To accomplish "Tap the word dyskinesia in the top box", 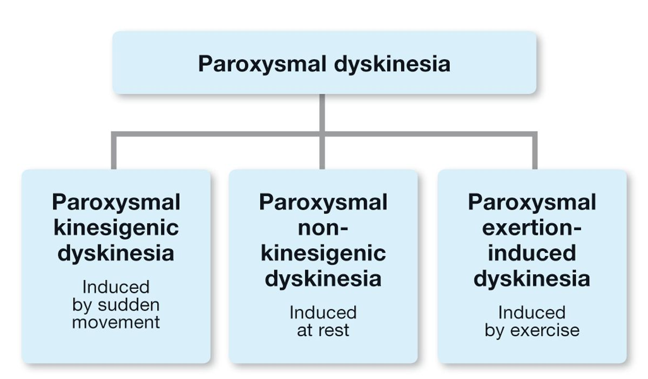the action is pos(392,64).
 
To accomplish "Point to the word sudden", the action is pos(129,305).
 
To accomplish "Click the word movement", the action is pos(116,322).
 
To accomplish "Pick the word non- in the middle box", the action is pos(323,228).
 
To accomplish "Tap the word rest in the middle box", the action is pos(334,330).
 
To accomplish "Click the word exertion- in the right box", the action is pos(532,228).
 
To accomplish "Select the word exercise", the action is pos(545,330).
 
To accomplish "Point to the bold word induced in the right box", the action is pos(532,253).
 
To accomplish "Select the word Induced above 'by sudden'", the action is pos(116,287).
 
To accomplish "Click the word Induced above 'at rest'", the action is pos(323,313).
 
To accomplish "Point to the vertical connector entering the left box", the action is pos(114,150).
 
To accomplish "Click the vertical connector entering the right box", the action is pos(535,150).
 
